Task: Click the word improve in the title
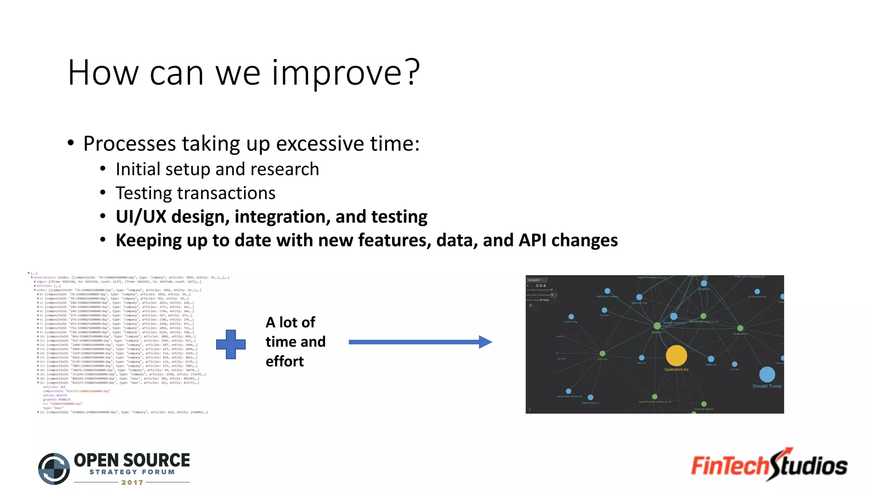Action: click(336, 73)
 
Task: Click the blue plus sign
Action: click(231, 344)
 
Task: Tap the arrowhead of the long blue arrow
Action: click(485, 342)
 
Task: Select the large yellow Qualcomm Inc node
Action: click(676, 355)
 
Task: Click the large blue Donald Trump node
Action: click(767, 374)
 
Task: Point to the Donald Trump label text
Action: click(767, 386)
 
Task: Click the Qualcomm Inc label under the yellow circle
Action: click(676, 370)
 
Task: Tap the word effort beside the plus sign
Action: click(284, 362)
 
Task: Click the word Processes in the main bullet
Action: click(129, 144)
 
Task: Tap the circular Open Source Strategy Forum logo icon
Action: click(54, 469)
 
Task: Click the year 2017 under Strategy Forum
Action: click(132, 482)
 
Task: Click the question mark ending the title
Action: click(412, 73)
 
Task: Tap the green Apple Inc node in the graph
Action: click(657, 326)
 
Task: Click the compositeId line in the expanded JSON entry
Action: click(77, 391)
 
